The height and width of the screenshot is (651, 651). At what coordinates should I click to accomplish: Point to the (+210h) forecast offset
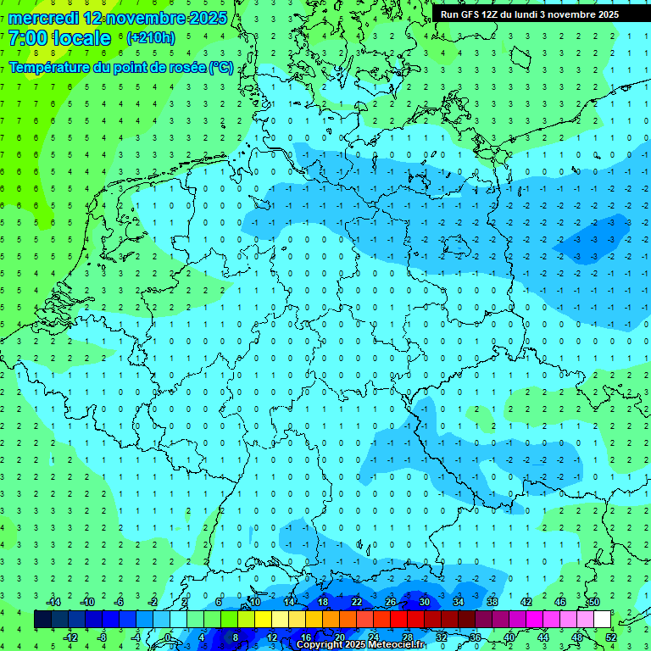[x=151, y=38]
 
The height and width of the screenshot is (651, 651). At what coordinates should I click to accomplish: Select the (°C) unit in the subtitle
[x=221, y=67]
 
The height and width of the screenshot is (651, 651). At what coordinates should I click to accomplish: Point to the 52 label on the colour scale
[x=611, y=637]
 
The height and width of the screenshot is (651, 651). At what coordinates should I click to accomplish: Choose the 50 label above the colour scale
[x=593, y=602]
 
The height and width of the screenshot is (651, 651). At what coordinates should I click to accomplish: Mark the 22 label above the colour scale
[x=356, y=602]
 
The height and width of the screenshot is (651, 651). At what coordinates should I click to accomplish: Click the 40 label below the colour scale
[x=509, y=637]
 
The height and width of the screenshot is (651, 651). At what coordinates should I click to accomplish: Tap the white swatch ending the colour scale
[x=602, y=620]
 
